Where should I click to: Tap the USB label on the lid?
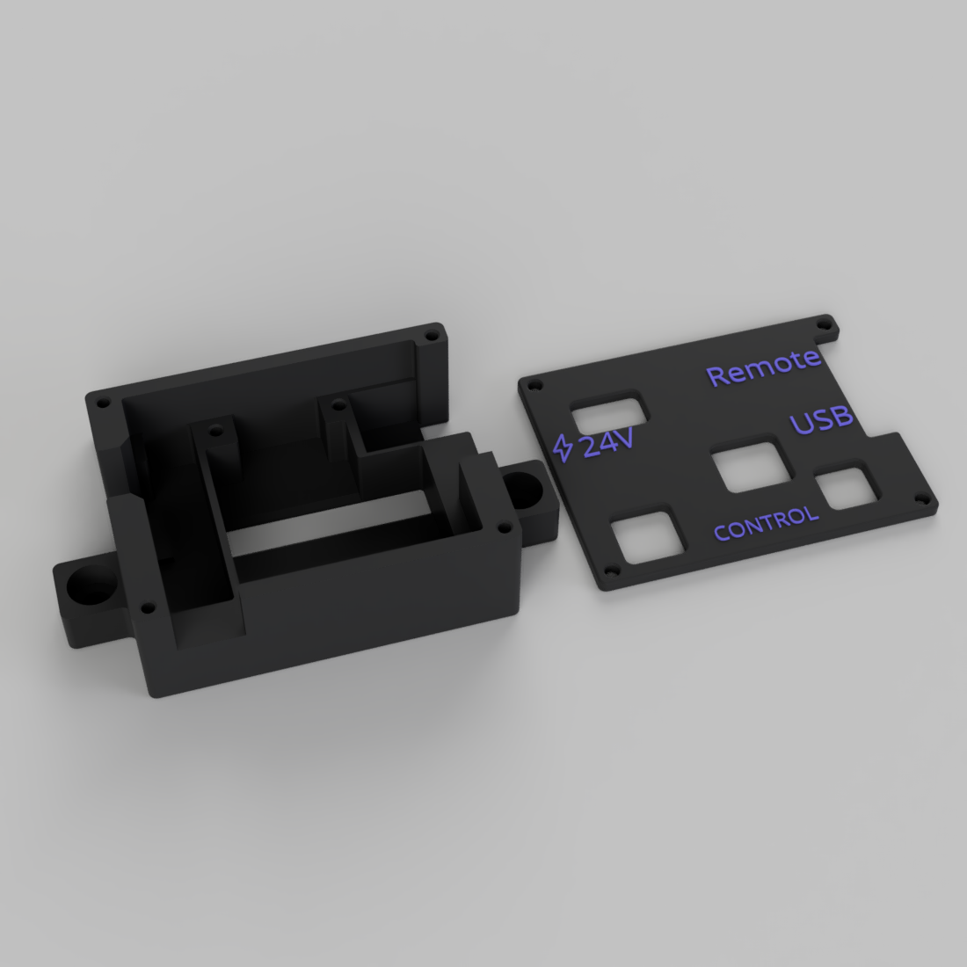[822, 420]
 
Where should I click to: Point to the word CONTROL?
[766, 524]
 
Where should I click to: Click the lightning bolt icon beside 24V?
[563, 447]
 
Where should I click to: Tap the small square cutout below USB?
[845, 489]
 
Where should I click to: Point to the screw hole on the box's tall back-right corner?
[431, 335]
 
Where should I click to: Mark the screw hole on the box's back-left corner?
[103, 402]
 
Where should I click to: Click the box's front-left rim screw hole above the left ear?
[145, 607]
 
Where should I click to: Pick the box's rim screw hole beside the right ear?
[503, 527]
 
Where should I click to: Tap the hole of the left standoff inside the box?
[214, 432]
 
